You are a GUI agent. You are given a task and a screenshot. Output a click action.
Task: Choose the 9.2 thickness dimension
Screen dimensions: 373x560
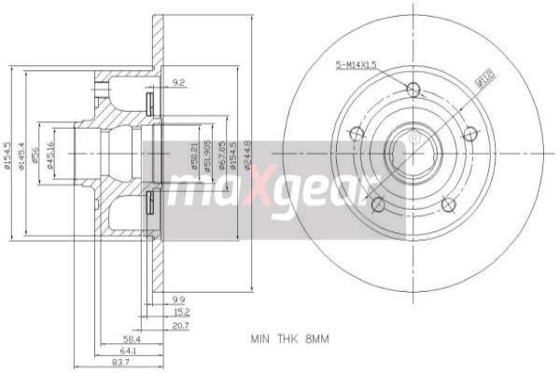179,84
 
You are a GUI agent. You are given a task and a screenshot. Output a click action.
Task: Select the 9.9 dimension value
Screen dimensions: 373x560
179,298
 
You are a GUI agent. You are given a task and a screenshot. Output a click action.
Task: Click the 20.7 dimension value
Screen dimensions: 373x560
179,326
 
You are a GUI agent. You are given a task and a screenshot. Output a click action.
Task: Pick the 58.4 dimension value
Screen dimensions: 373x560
132,339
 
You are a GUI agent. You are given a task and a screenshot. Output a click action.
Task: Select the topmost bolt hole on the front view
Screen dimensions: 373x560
413,90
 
